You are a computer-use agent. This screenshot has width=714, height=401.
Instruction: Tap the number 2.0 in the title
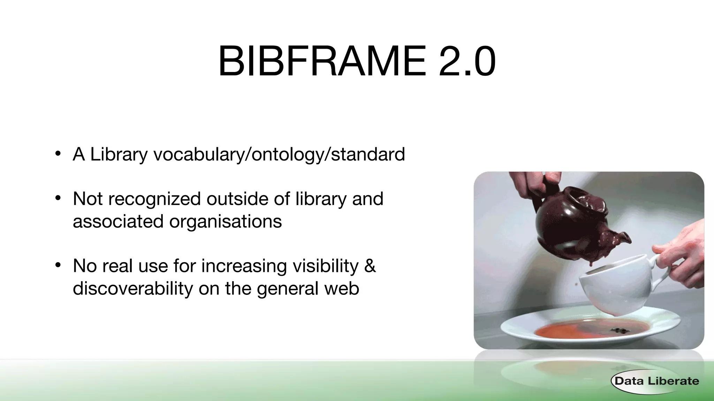[467, 62]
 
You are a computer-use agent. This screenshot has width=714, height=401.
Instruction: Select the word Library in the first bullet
[119, 154]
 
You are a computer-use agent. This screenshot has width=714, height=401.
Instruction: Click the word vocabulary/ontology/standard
[279, 154]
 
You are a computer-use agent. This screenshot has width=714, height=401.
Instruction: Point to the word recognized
[154, 199]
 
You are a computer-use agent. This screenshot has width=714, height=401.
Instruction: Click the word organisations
[225, 221]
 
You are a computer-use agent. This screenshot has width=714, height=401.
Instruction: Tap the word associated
[118, 221]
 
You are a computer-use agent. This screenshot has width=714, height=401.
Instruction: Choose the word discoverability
[132, 288]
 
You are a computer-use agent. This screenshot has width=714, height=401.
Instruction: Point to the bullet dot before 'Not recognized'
[58, 198]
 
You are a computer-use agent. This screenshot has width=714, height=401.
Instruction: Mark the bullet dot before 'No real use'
[58, 265]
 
